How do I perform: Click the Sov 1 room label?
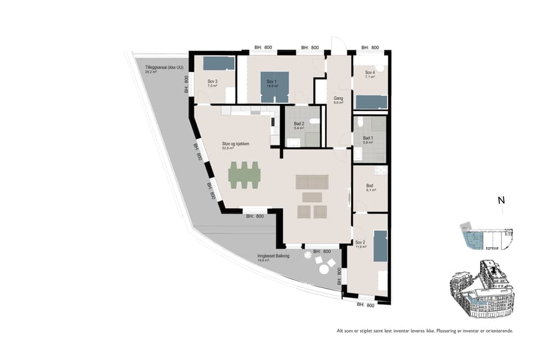coord(272,83)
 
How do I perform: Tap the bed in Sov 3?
coord(218,63)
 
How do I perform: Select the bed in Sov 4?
coord(371,101)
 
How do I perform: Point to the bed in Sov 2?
coord(380,246)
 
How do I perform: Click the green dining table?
coord(245,174)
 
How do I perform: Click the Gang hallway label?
coord(338,100)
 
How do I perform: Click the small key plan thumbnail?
coord(486,239)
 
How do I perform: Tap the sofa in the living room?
coord(312,182)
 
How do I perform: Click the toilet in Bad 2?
coord(314,121)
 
